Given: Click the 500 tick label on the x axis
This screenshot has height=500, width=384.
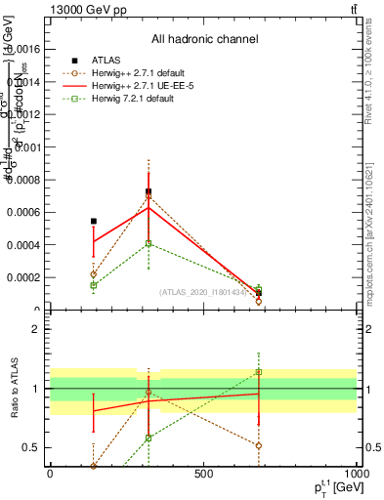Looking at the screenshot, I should (x=203, y=475).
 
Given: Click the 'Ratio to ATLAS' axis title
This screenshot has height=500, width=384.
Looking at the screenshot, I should (x=15, y=391).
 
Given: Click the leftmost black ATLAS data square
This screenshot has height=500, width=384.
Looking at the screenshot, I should (x=94, y=222).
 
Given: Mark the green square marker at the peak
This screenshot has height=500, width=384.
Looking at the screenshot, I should (x=149, y=243).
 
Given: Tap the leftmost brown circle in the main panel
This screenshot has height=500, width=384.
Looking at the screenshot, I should (x=94, y=274).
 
